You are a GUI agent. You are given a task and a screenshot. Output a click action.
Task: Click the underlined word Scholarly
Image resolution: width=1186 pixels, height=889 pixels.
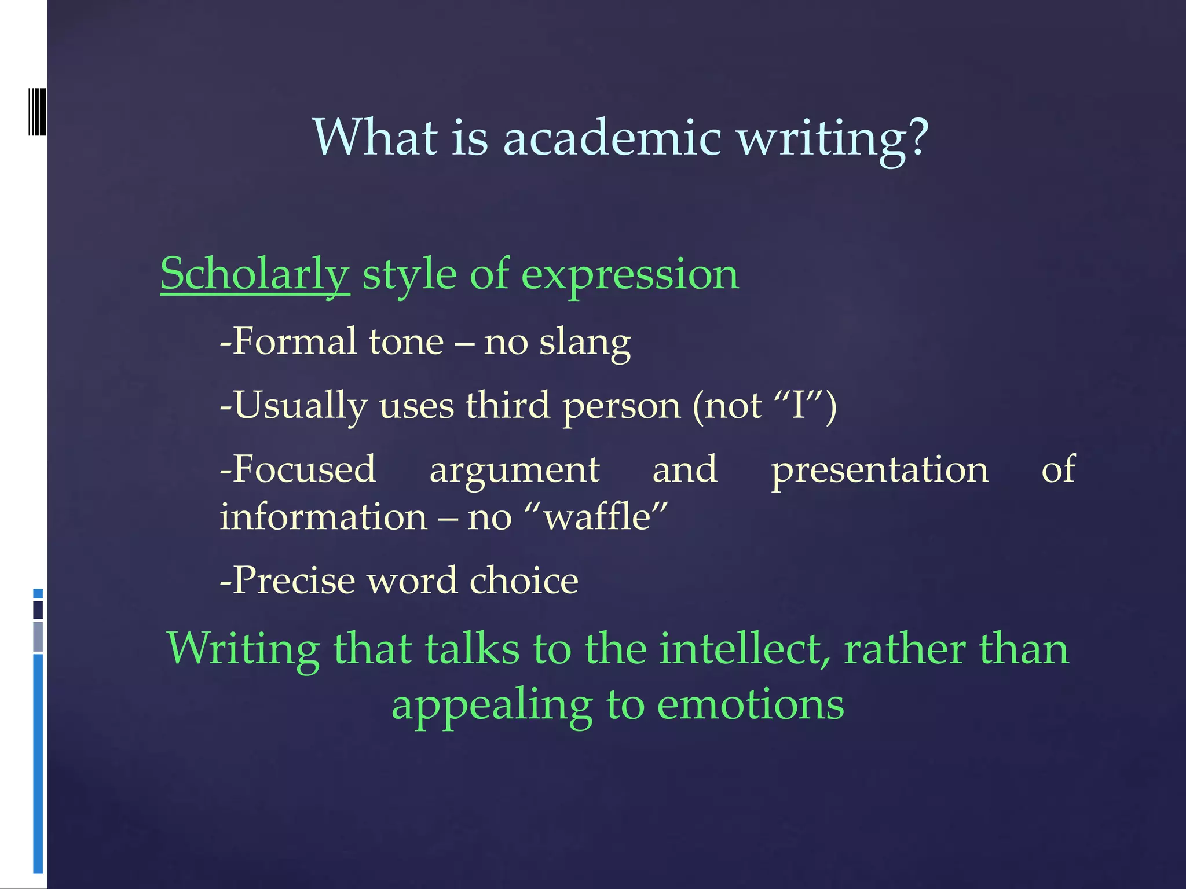pyautogui.click(x=255, y=274)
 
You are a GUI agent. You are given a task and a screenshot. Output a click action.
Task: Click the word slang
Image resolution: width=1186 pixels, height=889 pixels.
pyautogui.click(x=585, y=343)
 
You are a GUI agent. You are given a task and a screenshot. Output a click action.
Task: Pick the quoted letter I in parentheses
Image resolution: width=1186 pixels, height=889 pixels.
pyautogui.click(x=799, y=405)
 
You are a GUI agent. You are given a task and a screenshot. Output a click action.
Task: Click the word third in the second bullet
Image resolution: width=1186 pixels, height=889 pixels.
pyautogui.click(x=507, y=405)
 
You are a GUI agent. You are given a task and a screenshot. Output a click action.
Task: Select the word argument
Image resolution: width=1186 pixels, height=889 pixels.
pyautogui.click(x=514, y=471)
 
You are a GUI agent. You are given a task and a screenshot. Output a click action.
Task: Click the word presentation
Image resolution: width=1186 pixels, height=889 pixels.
pyautogui.click(x=880, y=471)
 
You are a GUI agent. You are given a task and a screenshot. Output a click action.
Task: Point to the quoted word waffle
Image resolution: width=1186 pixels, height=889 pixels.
pyautogui.click(x=605, y=516)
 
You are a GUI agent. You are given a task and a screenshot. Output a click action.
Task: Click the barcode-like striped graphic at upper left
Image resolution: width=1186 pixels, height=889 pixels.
pyautogui.click(x=37, y=112)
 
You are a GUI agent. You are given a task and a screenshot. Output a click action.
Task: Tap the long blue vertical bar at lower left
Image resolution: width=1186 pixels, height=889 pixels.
pyautogui.click(x=38, y=764)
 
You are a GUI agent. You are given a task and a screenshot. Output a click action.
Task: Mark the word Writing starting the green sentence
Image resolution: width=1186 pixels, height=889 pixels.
pyautogui.click(x=243, y=650)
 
